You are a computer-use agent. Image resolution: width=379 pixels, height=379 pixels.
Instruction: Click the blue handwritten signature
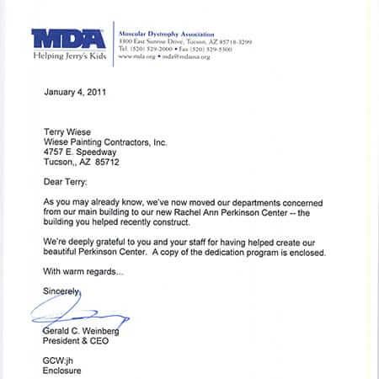pyautogui.click(x=76, y=317)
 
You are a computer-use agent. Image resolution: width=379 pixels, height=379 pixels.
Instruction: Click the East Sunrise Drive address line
pyautogui.click(x=184, y=42)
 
